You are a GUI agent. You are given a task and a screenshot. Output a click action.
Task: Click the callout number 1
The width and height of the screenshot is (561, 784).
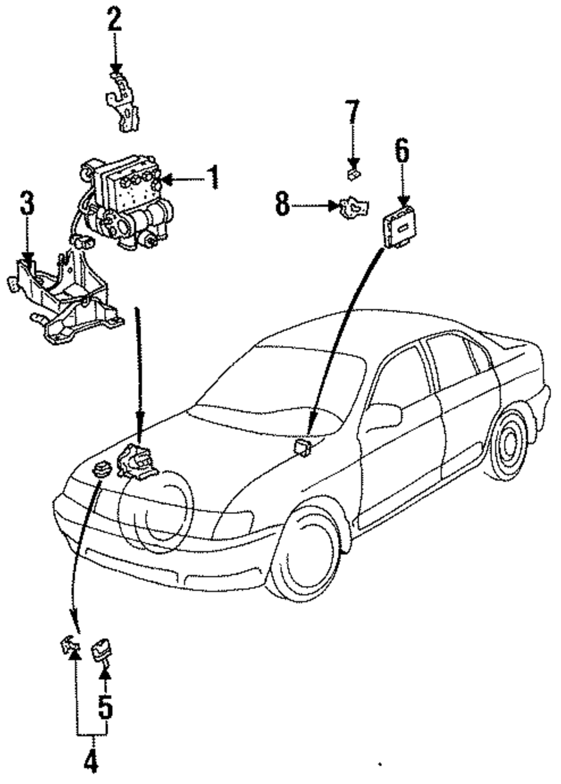pyautogui.click(x=211, y=177)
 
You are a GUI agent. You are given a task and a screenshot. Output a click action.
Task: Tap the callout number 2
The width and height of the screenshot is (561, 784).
pyautogui.click(x=114, y=21)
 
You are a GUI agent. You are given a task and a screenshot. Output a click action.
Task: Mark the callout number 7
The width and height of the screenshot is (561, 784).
pyautogui.click(x=352, y=112)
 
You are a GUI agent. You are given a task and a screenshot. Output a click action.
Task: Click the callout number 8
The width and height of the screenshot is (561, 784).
pyautogui.click(x=282, y=204)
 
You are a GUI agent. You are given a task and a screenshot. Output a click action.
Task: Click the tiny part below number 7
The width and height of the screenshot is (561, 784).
pyautogui.click(x=354, y=174)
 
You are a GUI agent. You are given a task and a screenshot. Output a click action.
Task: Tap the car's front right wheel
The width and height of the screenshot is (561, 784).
pyautogui.click(x=304, y=552)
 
